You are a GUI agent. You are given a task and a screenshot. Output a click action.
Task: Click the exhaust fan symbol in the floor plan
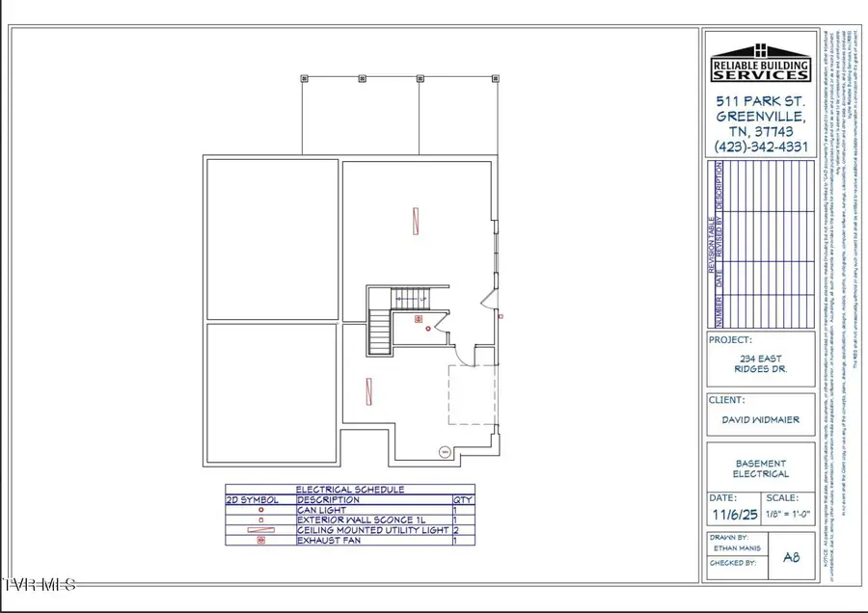(x=419, y=317)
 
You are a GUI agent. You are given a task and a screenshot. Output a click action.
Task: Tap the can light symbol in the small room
(x=428, y=329)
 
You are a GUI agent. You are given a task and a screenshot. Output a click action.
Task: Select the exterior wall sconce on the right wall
(x=500, y=315)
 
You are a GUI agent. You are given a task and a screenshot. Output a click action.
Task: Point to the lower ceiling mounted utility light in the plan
(x=369, y=391)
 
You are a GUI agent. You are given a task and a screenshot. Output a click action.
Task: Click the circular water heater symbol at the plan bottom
(x=446, y=450)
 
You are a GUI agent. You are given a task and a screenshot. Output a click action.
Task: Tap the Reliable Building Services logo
(x=759, y=62)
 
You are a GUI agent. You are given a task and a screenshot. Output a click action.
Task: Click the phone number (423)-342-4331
(x=759, y=147)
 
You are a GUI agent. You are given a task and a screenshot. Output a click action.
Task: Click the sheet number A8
(x=792, y=556)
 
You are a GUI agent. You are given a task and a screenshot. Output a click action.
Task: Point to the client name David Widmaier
(x=760, y=419)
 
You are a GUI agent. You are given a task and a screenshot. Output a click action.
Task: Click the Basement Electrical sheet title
(x=760, y=467)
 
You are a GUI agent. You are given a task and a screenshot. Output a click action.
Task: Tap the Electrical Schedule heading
(x=349, y=490)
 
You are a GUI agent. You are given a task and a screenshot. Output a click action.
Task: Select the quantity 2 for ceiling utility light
(x=455, y=530)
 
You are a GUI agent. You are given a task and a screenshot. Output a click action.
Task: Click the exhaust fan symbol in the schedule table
(x=259, y=541)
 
